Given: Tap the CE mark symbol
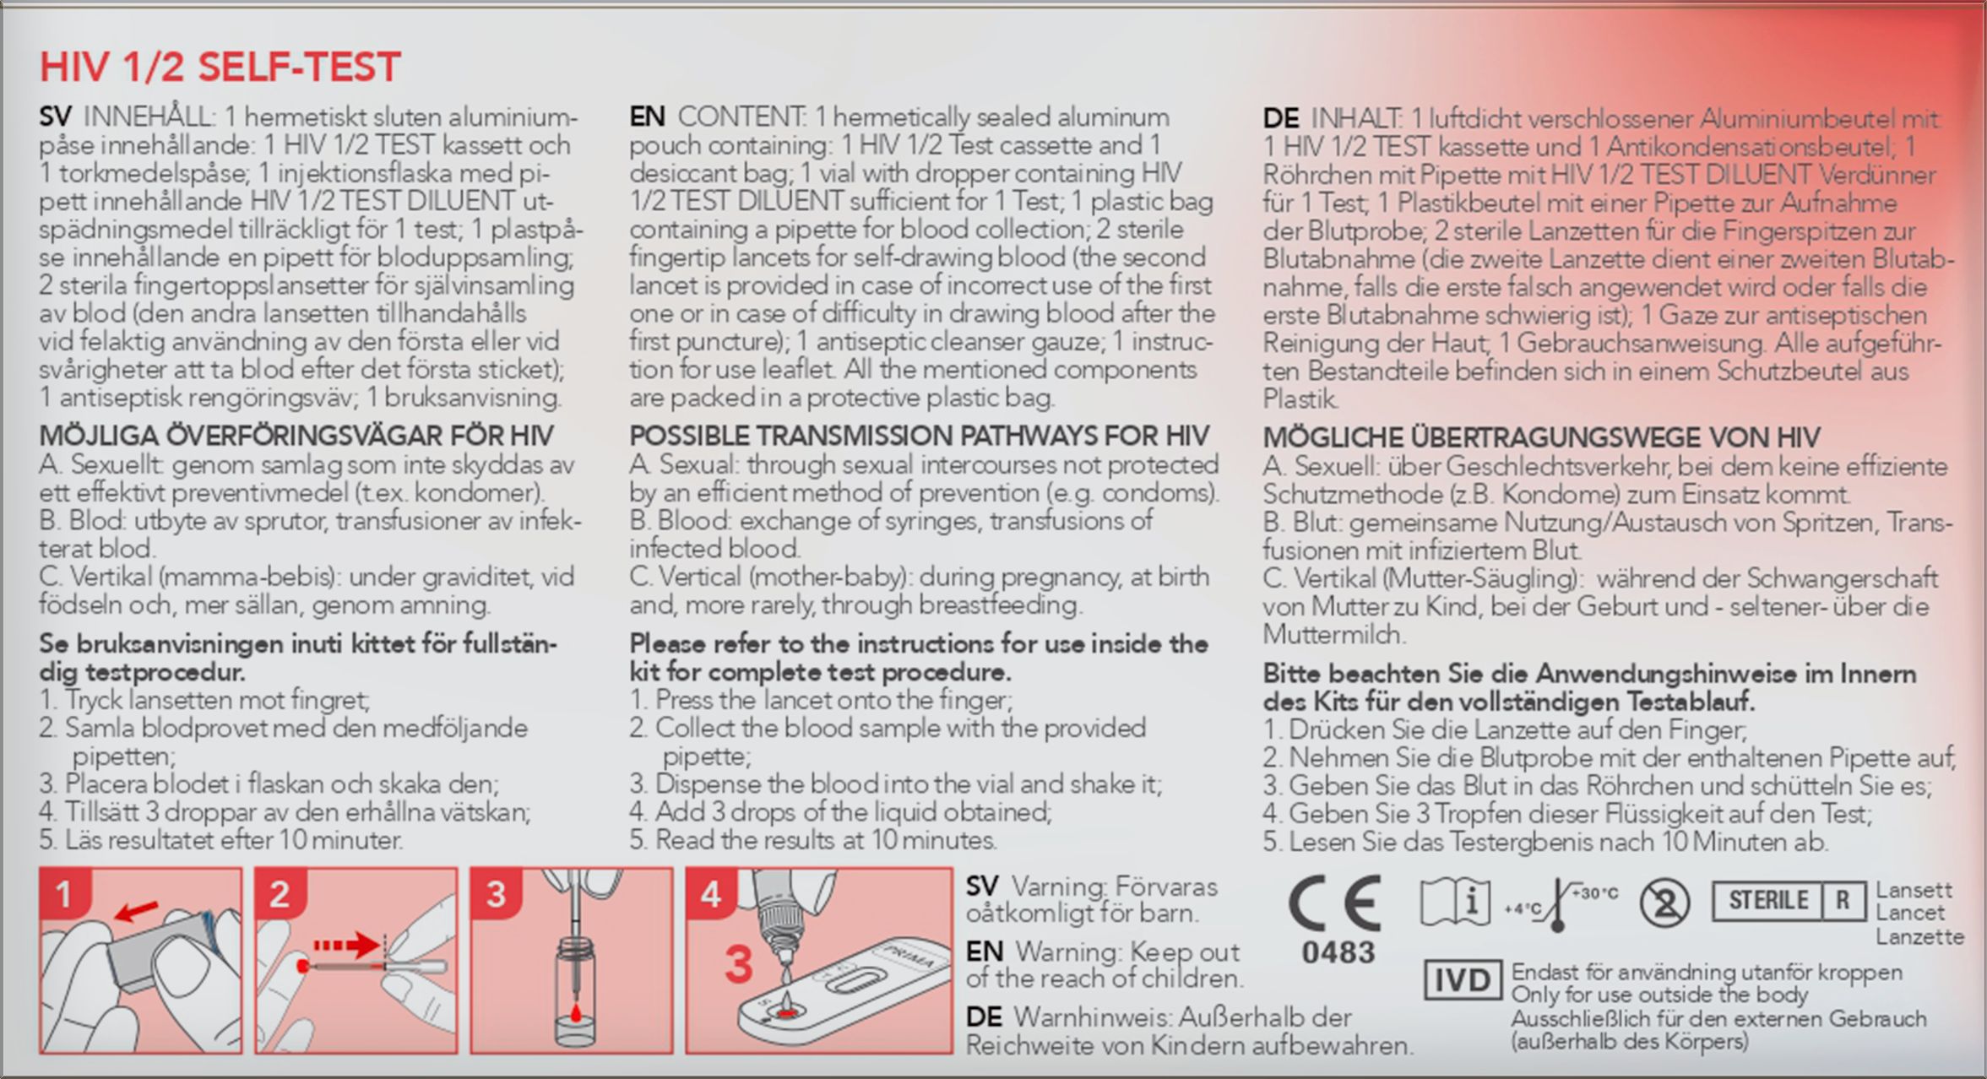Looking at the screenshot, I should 1335,903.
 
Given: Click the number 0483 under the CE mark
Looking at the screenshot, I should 1338,953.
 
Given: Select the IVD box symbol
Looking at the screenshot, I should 1463,980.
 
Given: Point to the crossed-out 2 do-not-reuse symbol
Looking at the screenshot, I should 1664,903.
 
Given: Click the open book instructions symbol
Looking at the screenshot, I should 1454,902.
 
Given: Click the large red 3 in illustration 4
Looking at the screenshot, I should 739,965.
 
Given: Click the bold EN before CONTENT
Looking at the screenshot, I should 647,117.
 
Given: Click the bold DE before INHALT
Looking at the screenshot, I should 1281,119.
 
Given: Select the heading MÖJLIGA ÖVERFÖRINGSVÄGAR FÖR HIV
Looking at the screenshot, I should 296,436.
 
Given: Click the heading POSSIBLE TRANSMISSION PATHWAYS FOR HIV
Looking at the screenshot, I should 919,436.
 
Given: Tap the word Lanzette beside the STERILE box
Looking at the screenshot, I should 1919,936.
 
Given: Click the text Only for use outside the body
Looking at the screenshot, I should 1659,995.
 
